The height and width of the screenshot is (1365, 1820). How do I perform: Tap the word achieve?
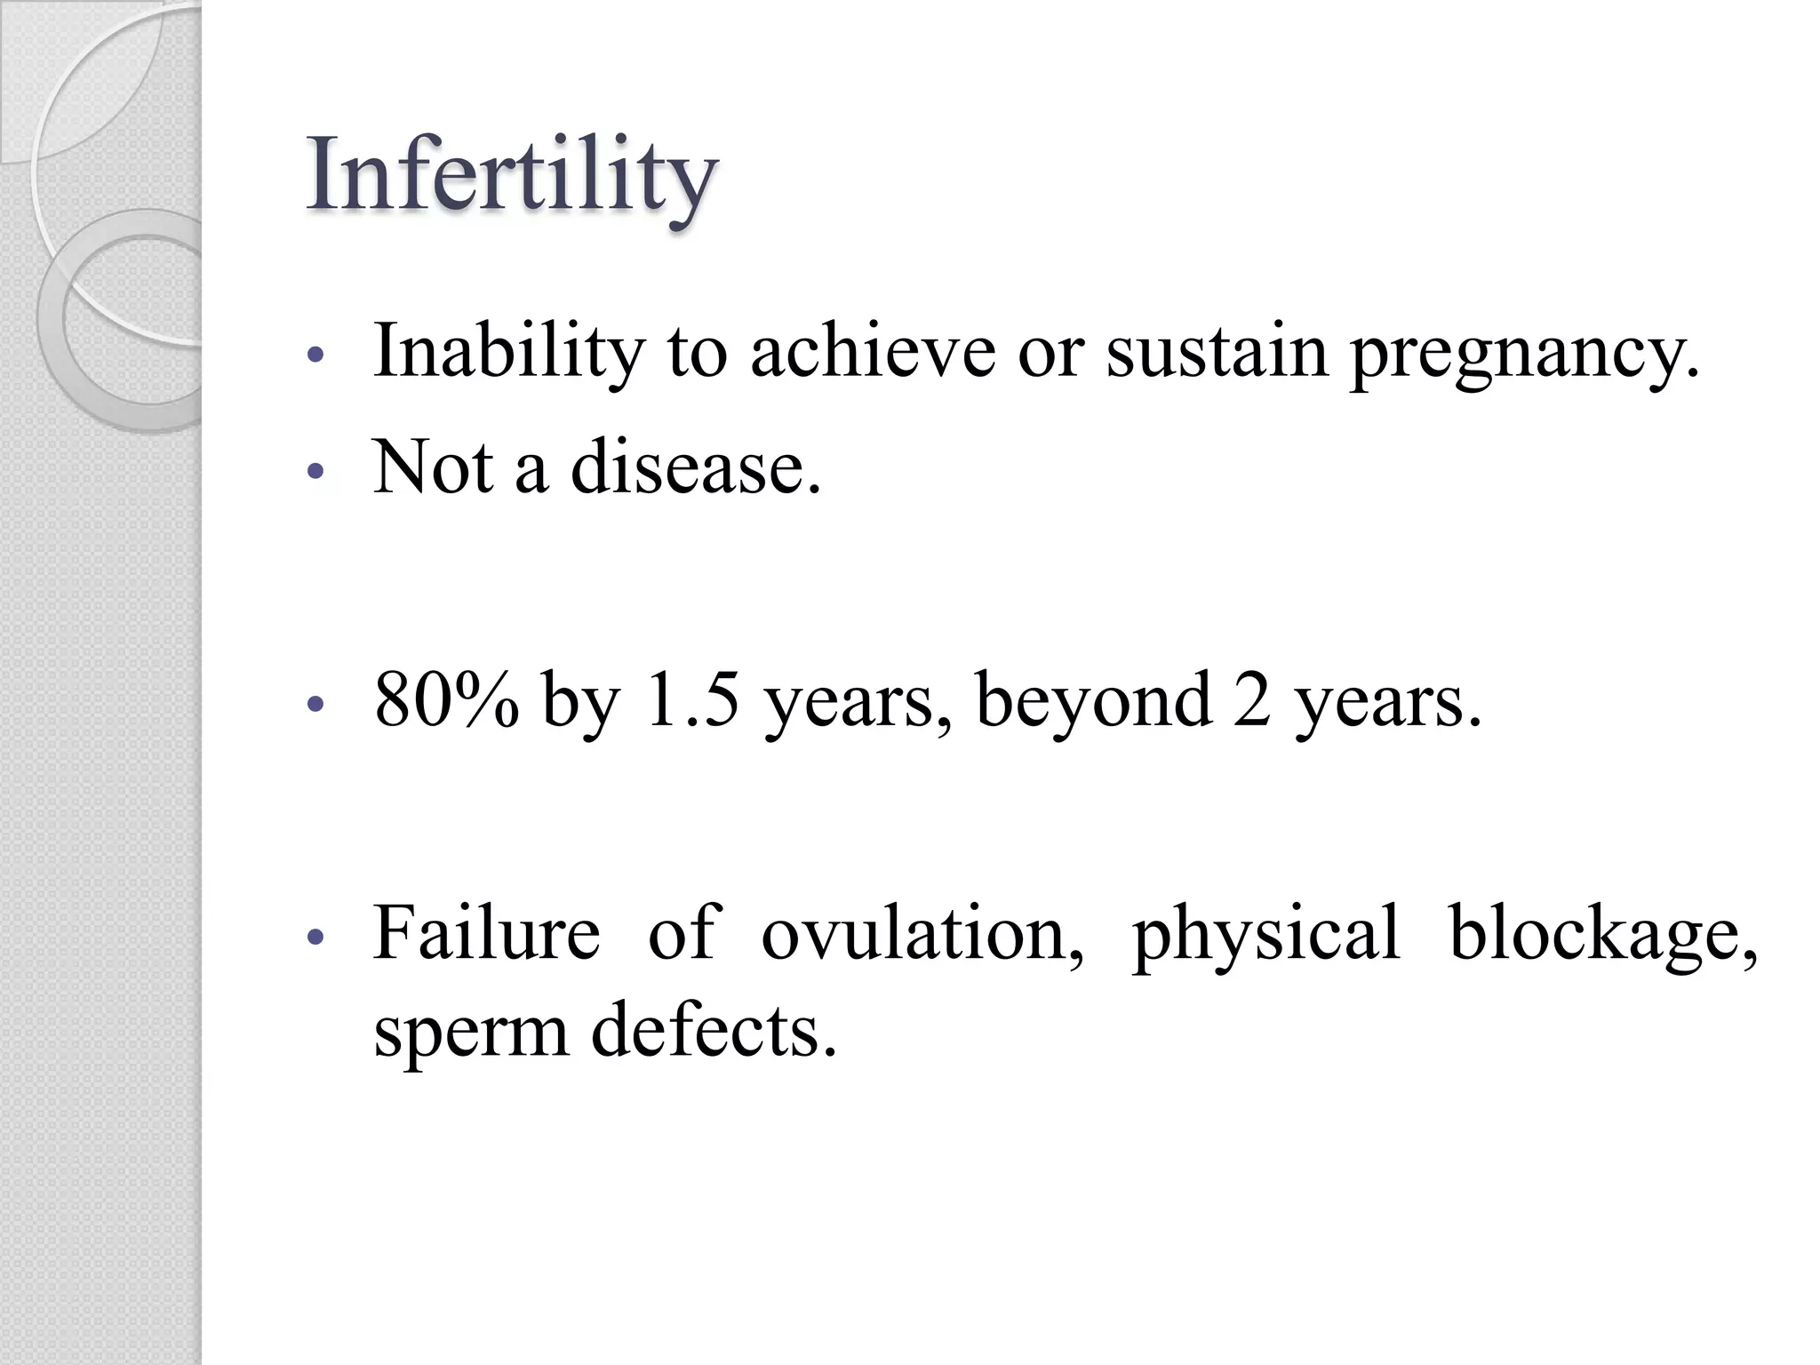pyautogui.click(x=873, y=351)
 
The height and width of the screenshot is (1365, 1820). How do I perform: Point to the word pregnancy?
pyautogui.click(x=1523, y=355)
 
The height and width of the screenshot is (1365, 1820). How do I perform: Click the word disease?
pyautogui.click(x=695, y=467)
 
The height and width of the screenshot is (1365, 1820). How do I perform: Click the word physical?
pyautogui.click(x=1265, y=937)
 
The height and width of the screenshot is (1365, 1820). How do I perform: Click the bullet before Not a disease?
pyautogui.click(x=312, y=471)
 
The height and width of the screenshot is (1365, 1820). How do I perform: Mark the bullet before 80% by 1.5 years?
pyautogui.click(x=312, y=704)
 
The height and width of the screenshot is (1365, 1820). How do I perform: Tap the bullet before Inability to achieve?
pyautogui.click(x=312, y=355)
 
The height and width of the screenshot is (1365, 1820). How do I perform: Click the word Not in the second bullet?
pyautogui.click(x=433, y=467)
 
